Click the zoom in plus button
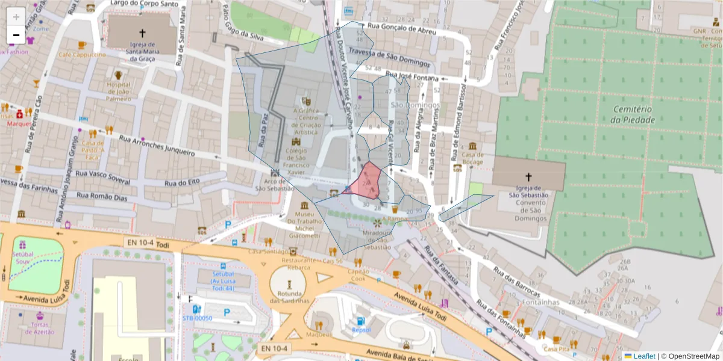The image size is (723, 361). click(16, 16)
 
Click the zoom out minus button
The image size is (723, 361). click(16, 35)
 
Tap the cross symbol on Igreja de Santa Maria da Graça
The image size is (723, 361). click(142, 33)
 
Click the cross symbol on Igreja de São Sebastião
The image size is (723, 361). click(528, 177)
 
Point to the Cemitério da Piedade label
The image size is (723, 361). click(633, 114)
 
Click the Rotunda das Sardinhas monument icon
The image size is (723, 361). click(289, 283)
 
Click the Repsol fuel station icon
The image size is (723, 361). click(360, 322)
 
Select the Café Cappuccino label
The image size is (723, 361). click(82, 55)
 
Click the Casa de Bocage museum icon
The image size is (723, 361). click(472, 146)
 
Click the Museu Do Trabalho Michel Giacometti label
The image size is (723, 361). click(304, 225)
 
